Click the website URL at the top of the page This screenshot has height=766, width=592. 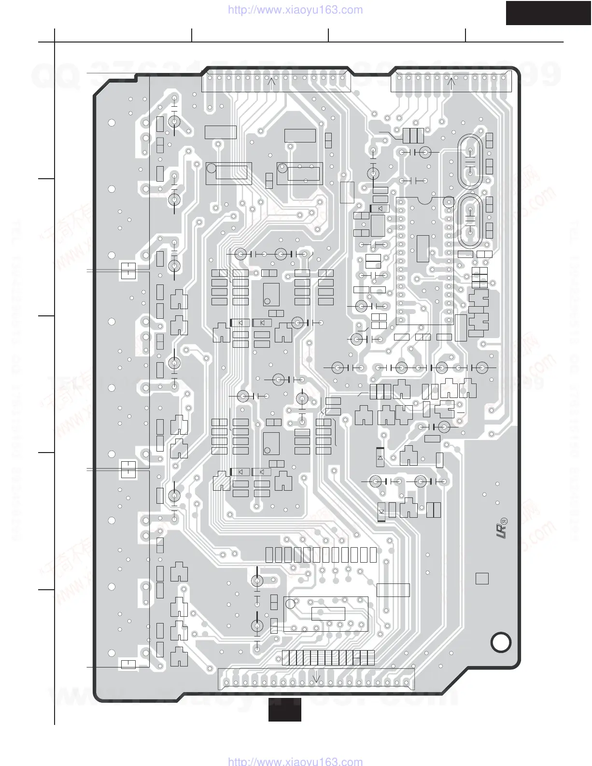(295, 10)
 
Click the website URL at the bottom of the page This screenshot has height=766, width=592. (295, 761)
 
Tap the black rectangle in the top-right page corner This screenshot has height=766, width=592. (549, 13)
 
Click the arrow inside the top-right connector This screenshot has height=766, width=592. (451, 82)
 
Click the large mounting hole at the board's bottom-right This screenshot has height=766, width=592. (501, 642)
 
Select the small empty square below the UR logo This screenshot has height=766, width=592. (482, 578)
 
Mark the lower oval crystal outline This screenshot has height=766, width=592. (470, 221)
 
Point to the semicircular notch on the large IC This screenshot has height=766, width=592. (424, 199)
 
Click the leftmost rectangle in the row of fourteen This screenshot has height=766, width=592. (269, 555)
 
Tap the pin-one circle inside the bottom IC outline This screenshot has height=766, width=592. (290, 604)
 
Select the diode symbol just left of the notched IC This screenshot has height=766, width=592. (380, 209)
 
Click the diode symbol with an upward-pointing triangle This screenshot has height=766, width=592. (380, 457)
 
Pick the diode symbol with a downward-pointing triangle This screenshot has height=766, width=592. (381, 512)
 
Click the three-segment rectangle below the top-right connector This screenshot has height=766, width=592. (413, 135)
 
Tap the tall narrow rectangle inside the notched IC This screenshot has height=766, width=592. (423, 249)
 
